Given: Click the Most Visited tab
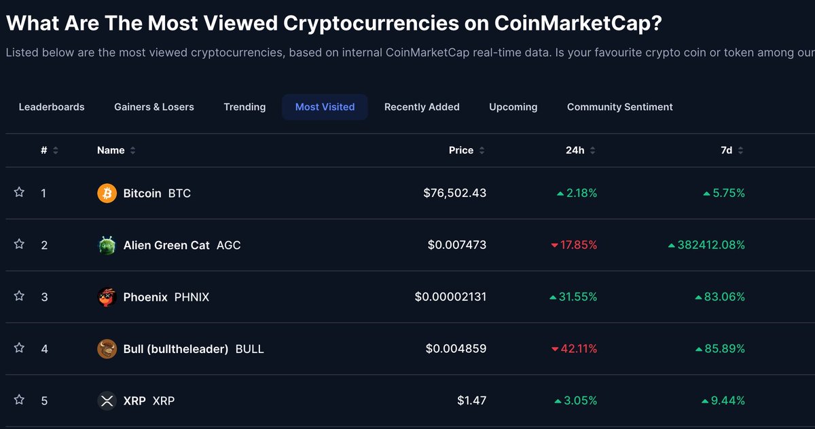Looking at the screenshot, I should point(325,107).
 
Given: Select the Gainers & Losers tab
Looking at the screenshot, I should point(154,107).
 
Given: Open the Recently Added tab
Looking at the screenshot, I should point(422,107).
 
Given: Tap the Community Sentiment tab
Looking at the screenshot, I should point(619,107).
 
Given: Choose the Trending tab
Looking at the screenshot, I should point(244,107).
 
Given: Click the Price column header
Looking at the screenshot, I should point(461,151).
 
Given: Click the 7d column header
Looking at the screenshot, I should point(726,151).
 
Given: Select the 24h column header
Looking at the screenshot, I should point(575,151).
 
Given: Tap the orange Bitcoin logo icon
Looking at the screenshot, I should point(107,193).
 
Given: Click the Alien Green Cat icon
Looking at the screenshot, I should point(107,245).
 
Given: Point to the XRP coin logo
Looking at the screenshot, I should point(107,401).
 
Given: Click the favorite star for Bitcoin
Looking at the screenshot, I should point(19,193).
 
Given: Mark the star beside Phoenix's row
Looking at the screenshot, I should point(19,297).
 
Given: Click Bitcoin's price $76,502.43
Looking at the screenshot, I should point(454,193).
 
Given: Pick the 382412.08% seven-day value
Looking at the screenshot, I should point(710,245).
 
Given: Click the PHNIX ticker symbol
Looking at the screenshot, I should point(192,297).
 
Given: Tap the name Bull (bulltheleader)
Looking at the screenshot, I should point(176,349).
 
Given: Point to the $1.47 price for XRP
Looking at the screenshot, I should point(471,401).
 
